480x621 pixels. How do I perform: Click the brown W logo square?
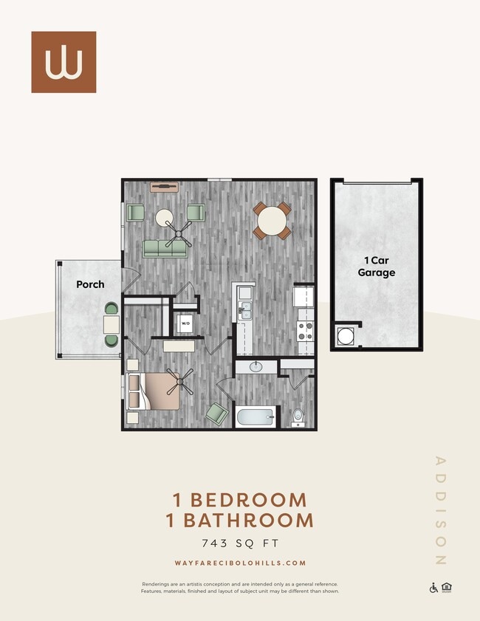point(64,62)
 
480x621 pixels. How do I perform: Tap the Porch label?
point(90,284)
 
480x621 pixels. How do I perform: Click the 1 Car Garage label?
point(377,267)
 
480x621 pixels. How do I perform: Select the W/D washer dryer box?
point(185,323)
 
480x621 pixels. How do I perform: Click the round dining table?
point(272,220)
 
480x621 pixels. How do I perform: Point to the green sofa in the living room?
point(165,249)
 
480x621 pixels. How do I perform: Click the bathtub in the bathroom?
point(255,417)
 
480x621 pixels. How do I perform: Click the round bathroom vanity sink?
point(256,366)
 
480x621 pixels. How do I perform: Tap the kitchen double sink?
point(245,310)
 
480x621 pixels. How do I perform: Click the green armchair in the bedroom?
point(216,413)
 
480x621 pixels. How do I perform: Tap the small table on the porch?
point(112,324)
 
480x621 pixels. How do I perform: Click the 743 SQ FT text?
point(240,543)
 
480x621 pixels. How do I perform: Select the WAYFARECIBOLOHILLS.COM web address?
point(240,563)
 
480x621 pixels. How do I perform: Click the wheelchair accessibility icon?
point(433,588)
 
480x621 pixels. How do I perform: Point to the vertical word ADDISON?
point(441,510)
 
